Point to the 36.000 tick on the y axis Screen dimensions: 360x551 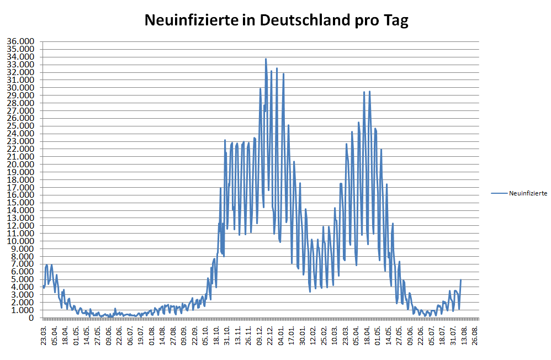20,41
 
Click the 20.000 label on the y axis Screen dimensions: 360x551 20,165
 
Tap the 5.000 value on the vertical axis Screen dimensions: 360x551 23,279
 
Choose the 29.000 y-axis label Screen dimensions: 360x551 20,95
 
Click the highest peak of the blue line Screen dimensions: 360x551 266,59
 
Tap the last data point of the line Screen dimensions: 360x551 460,280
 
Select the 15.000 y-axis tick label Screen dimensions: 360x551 20,203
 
